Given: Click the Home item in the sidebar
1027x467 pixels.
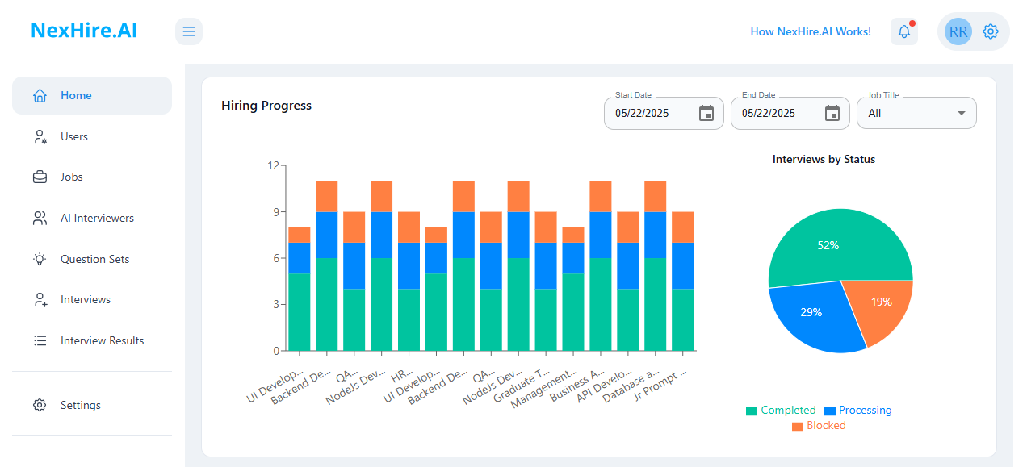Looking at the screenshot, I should point(76,95).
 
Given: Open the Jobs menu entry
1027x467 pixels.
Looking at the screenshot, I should point(71,177).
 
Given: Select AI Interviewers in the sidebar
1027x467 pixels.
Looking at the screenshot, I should point(97,218).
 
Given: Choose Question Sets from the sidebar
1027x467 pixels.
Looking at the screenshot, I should point(94,259).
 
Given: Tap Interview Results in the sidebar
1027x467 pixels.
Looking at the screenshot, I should point(102,340).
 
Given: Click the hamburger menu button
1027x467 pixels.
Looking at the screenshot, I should point(189,31).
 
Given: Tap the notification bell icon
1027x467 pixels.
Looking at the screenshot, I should point(904,31).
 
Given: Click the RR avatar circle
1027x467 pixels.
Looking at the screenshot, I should point(958,31).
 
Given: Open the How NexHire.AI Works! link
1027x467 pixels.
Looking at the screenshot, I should point(811,31).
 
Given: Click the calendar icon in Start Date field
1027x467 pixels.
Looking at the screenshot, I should point(706,113).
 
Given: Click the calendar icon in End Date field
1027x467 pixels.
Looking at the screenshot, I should point(832,113).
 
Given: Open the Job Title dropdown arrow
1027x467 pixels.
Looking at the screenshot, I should point(962,113).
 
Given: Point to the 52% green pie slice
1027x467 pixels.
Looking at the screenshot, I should point(832,242).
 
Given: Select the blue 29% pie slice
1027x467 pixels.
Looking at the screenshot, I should point(811,315).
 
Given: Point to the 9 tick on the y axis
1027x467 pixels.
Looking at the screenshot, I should point(274,212).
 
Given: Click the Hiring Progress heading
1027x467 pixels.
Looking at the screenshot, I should point(266,105).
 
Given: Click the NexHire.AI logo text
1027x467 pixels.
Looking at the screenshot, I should point(84,31).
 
